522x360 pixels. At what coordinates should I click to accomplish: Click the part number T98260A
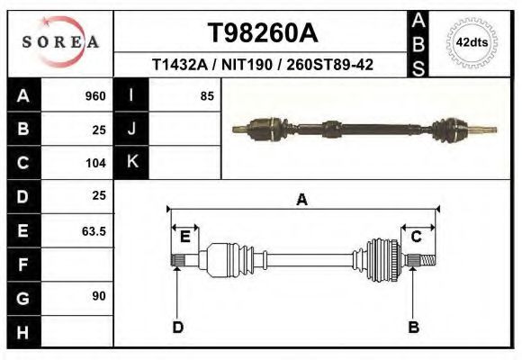[x=263, y=33]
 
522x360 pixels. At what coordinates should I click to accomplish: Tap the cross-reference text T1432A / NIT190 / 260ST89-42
[x=263, y=65]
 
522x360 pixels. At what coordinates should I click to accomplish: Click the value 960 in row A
[x=94, y=96]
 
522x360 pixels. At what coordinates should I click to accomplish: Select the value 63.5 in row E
[x=94, y=230]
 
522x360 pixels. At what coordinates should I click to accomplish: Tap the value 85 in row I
[x=206, y=96]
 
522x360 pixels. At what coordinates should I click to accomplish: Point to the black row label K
[x=131, y=162]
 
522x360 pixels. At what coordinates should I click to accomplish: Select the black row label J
[x=131, y=129]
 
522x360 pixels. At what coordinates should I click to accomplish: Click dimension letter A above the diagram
[x=301, y=201]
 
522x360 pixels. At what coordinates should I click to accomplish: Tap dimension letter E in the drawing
[x=185, y=237]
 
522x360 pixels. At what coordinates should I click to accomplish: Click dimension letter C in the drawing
[x=417, y=237]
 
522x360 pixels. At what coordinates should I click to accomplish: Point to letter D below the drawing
[x=177, y=327]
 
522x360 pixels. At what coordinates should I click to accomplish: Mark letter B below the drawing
[x=413, y=327]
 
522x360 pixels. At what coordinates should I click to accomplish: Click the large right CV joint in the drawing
[x=382, y=261]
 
